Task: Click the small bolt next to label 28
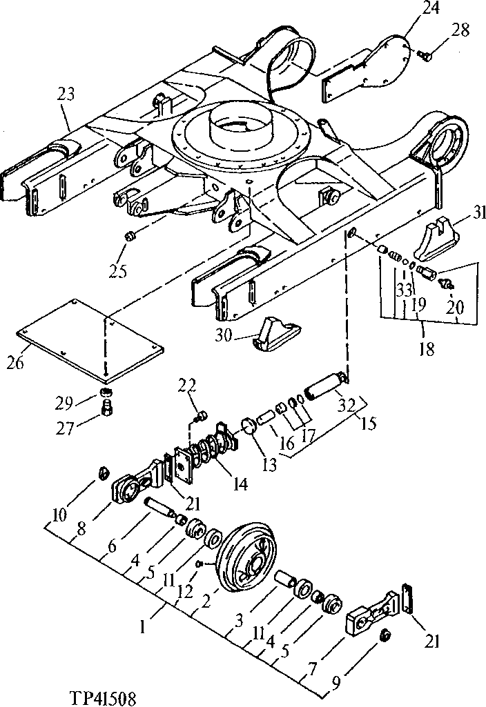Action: pos(425,54)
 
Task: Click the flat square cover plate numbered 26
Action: pos(90,339)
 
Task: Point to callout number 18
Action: pos(426,350)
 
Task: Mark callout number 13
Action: pos(268,464)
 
